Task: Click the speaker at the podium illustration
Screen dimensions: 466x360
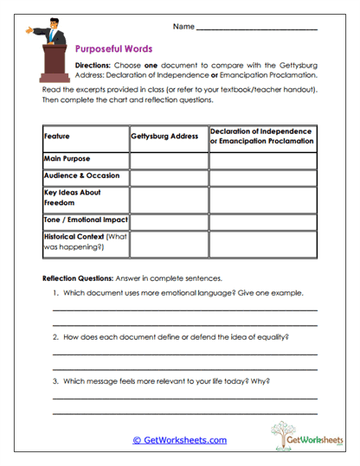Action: (x=55, y=52)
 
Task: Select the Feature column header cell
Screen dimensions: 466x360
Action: (x=85, y=137)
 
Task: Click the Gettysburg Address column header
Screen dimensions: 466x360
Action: (x=169, y=137)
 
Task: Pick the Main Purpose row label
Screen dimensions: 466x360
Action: (x=85, y=159)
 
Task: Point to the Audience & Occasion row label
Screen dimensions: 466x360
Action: (x=85, y=176)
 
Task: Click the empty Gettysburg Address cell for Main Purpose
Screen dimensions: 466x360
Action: (x=169, y=159)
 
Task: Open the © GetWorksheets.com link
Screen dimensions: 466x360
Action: (x=179, y=439)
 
